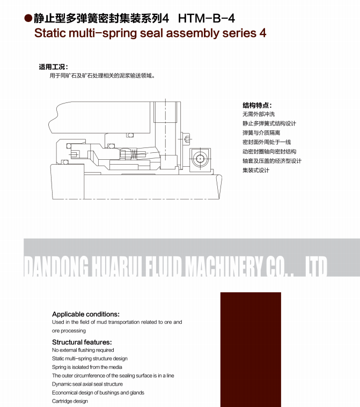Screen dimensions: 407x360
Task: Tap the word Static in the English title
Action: click(52, 33)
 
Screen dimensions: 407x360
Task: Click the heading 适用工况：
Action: click(53, 67)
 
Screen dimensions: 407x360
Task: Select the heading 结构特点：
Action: click(257, 106)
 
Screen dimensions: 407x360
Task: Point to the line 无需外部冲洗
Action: click(259, 114)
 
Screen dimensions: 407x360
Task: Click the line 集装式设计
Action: click(256, 171)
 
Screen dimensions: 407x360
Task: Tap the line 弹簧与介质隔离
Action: click(261, 133)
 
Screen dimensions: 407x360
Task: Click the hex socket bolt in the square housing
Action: click(200, 159)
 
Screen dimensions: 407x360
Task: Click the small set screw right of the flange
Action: click(187, 139)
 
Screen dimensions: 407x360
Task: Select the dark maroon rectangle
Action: click(251, 349)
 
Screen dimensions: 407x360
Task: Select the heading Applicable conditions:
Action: click(86, 314)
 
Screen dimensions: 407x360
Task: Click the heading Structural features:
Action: click(82, 342)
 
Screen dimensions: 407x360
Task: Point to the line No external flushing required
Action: click(83, 350)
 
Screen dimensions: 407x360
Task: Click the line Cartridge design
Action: click(70, 401)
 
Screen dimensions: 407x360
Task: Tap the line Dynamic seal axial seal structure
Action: click(87, 384)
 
